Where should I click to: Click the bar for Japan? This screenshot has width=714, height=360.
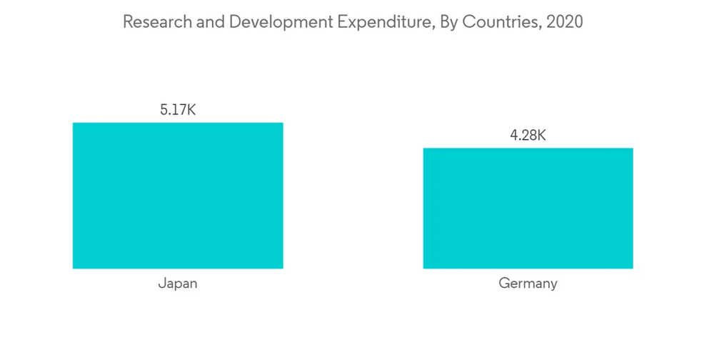(x=178, y=195)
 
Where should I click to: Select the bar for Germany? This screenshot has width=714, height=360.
(x=528, y=208)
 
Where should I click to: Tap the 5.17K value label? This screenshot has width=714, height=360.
(x=178, y=110)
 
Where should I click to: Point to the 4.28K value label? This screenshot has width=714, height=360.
(x=528, y=136)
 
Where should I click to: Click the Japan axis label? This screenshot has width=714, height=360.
(x=178, y=284)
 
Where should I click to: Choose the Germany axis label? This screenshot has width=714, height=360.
(x=528, y=284)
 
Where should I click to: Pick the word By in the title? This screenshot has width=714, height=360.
(x=447, y=22)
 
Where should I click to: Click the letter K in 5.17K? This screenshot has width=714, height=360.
(x=191, y=110)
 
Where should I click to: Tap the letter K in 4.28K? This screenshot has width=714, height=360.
(x=541, y=136)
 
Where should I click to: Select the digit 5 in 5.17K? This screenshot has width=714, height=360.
(x=164, y=110)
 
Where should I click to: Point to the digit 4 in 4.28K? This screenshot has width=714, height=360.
(x=513, y=136)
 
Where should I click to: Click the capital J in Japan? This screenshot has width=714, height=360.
(x=161, y=284)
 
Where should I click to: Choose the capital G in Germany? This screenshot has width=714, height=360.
(x=503, y=284)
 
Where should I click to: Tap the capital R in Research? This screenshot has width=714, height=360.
(x=127, y=22)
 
